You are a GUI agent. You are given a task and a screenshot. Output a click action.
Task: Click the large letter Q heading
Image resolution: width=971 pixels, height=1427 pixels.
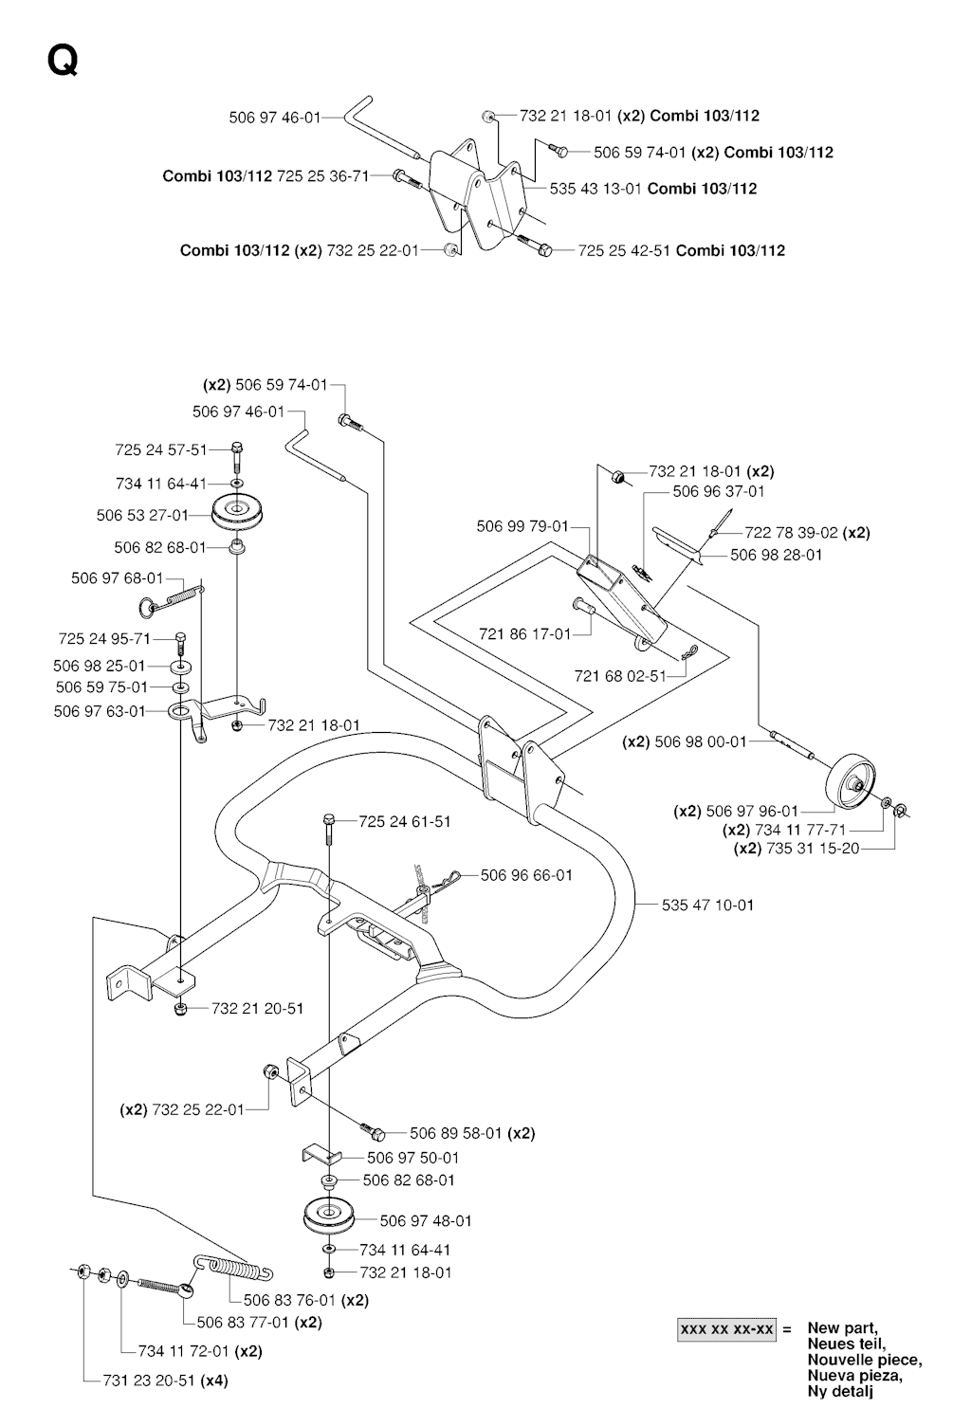(x=62, y=61)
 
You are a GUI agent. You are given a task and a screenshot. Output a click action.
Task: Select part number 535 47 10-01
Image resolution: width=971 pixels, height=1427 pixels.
(x=707, y=905)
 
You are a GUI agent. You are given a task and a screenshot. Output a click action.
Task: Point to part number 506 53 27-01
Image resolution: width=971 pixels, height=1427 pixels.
(x=142, y=515)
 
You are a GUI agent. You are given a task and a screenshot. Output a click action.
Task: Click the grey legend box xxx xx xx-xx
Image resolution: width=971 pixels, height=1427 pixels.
(x=727, y=1329)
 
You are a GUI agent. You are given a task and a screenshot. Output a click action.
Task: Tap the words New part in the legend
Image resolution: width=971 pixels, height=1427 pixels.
(x=842, y=1328)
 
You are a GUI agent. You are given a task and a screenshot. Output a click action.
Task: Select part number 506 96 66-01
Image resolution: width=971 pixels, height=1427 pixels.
(x=526, y=875)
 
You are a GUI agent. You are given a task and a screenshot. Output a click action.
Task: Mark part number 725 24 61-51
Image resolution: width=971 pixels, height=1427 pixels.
(x=405, y=821)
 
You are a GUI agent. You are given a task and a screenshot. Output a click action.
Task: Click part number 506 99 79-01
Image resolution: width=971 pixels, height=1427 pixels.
(x=522, y=526)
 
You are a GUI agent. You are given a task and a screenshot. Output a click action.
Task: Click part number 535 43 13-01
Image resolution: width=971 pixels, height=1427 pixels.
(x=596, y=189)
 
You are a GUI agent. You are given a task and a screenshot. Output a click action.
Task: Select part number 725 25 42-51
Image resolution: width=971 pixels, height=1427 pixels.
(x=624, y=250)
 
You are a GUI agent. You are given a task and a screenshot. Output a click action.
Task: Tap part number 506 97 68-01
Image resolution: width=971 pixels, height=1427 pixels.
(x=118, y=577)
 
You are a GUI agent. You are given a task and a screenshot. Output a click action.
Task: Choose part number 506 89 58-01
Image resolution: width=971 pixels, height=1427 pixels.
(x=456, y=1133)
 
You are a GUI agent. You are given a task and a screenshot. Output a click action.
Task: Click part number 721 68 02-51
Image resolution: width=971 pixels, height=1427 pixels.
(x=620, y=675)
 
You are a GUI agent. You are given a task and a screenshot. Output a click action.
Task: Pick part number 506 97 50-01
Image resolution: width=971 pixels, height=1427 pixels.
(x=412, y=1158)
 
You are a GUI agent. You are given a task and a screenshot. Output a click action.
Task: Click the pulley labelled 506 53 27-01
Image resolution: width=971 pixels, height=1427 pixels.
(x=237, y=512)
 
